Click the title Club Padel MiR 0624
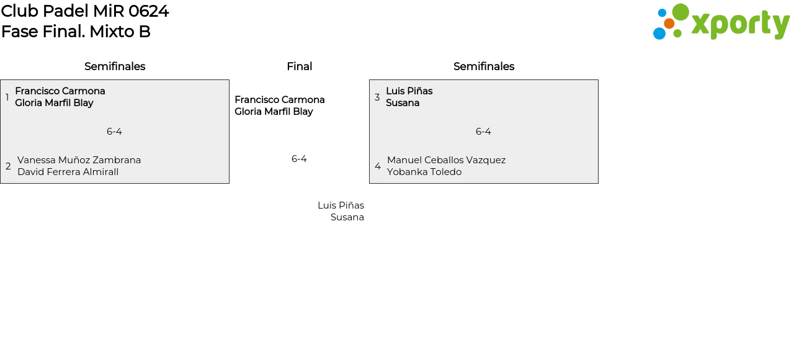point(85,11)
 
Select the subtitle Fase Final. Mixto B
point(76,32)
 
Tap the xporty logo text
point(740,24)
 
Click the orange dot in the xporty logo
point(669,24)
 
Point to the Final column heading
point(299,66)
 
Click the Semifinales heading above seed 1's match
point(115,66)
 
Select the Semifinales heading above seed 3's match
point(484,66)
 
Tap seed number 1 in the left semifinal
point(7,97)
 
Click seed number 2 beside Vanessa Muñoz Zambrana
point(8,166)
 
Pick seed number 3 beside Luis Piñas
point(377,97)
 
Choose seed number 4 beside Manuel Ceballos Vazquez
point(378,166)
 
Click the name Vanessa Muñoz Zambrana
point(79,160)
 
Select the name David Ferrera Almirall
point(68,172)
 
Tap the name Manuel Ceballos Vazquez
point(446,160)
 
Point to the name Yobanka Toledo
point(424,172)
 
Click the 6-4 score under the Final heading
point(299,159)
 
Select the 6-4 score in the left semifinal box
point(114,132)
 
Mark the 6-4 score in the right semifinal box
point(483,132)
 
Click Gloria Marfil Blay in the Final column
point(274,112)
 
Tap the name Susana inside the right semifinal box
point(403,103)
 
